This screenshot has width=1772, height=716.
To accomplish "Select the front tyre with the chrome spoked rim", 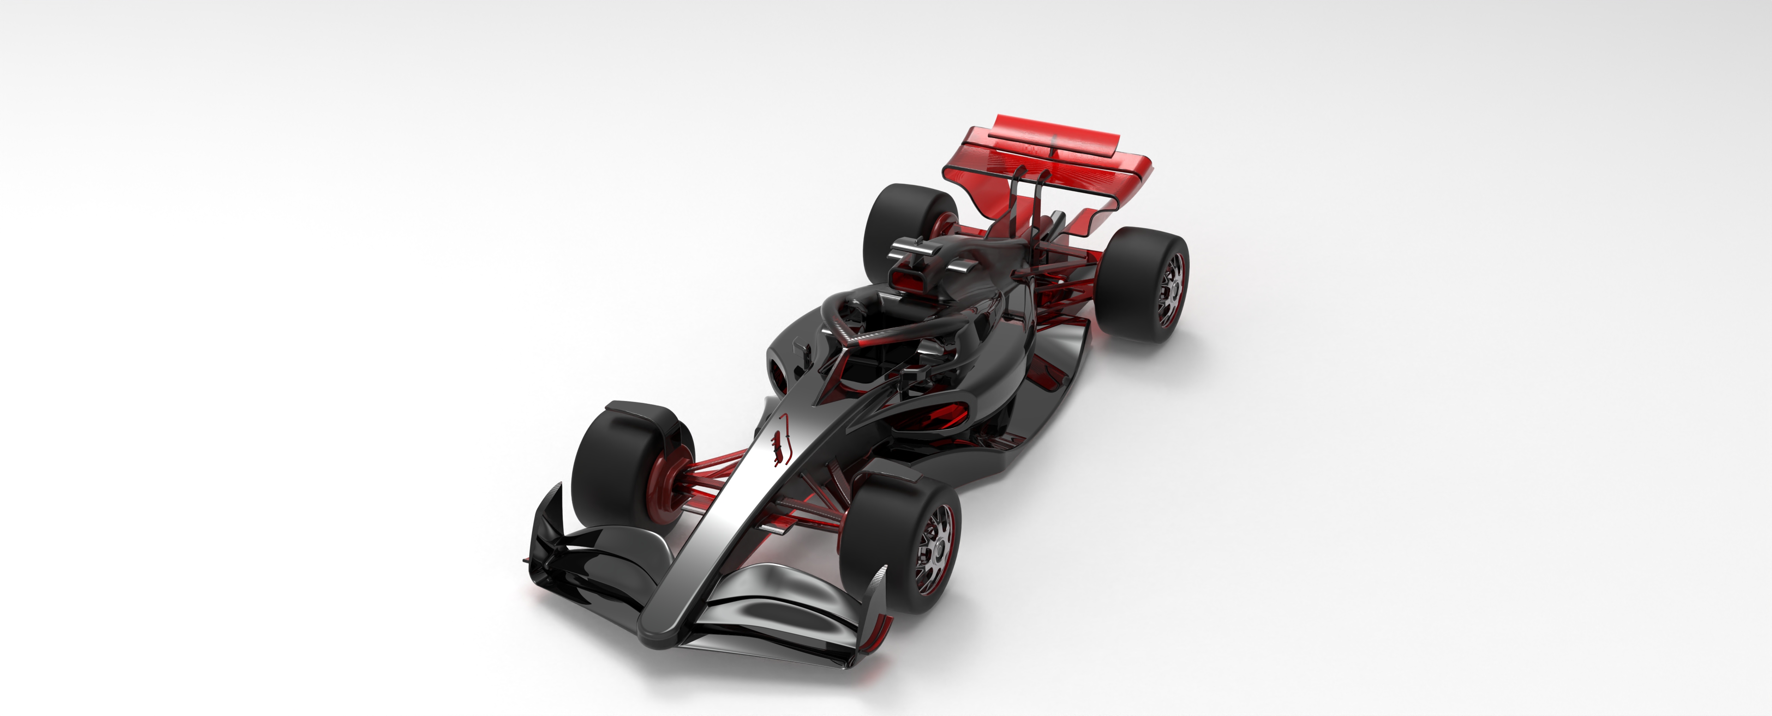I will point(901,544).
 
